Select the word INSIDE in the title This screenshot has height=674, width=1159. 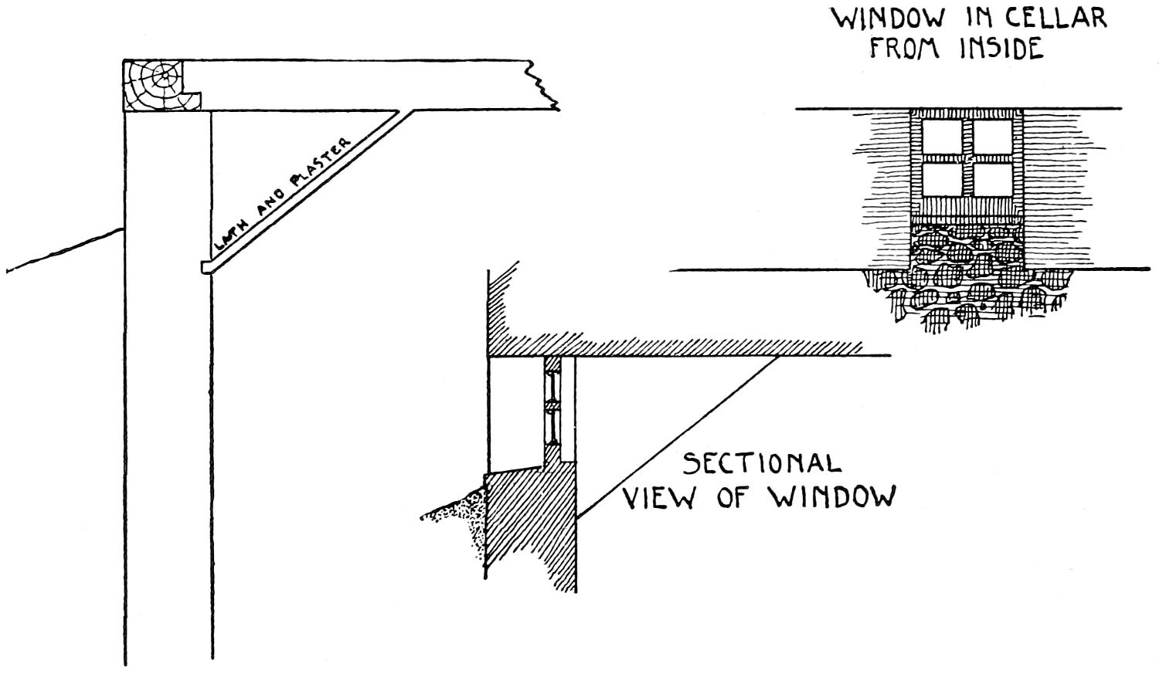[x=1001, y=49]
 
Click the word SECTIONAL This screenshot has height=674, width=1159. [x=761, y=463]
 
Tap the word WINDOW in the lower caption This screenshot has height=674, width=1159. [x=832, y=498]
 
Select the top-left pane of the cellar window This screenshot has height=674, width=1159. [x=943, y=137]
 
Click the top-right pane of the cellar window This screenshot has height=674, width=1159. [x=992, y=137]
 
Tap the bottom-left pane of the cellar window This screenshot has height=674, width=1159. [x=943, y=179]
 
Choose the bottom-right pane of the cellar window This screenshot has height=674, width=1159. [x=992, y=179]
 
